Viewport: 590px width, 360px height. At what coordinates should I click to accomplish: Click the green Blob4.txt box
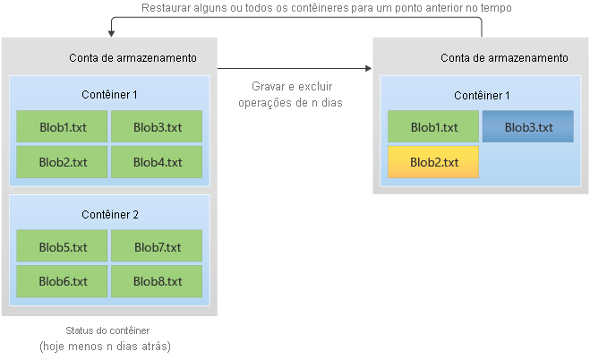[x=157, y=162]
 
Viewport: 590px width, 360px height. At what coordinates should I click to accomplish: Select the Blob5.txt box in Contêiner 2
[x=63, y=246]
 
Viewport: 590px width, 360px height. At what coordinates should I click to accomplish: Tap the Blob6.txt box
[x=63, y=281]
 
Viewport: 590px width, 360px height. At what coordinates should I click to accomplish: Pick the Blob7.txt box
[x=157, y=246]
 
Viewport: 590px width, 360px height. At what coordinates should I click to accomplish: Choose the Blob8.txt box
[x=157, y=281]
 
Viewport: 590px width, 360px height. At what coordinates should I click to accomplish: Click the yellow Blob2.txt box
[x=433, y=162]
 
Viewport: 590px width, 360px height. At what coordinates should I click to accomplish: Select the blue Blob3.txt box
[x=527, y=127]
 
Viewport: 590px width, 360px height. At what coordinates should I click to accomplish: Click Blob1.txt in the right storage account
[x=433, y=127]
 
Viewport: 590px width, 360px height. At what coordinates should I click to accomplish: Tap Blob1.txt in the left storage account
[x=63, y=127]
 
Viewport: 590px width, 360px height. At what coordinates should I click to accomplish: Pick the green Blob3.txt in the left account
[x=157, y=127]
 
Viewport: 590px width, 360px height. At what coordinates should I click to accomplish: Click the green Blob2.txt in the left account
[x=63, y=162]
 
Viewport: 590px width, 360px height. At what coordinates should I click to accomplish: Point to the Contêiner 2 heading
[x=109, y=214]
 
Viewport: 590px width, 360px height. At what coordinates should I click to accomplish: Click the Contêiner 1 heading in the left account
[x=109, y=94]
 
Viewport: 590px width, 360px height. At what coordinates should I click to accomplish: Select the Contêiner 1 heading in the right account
[x=482, y=95]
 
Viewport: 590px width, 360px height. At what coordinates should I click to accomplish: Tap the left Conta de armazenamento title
[x=133, y=58]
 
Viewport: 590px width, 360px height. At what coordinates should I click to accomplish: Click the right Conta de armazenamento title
[x=504, y=58]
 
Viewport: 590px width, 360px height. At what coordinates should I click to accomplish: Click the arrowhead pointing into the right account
[x=367, y=67]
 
